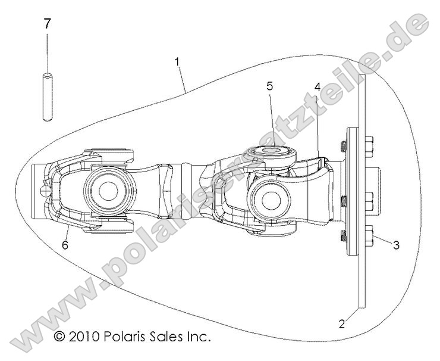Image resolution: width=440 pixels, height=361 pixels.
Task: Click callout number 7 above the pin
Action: (47, 24)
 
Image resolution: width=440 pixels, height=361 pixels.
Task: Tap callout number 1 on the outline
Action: (177, 61)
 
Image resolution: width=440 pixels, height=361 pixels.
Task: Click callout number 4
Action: (318, 86)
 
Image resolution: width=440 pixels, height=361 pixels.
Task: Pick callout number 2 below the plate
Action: (341, 324)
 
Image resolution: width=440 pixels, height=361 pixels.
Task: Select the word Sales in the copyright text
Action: (170, 337)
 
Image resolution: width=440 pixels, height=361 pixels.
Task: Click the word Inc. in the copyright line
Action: (200, 337)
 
